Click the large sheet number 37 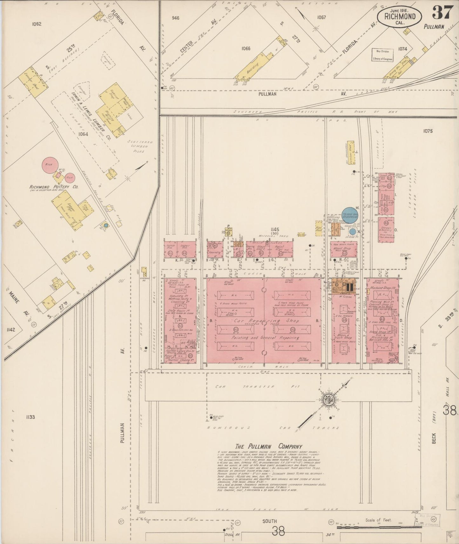tap(442, 13)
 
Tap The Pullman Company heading tap(269, 446)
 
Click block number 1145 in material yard tap(275, 229)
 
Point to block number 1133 tap(30, 417)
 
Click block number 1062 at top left tap(37, 23)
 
